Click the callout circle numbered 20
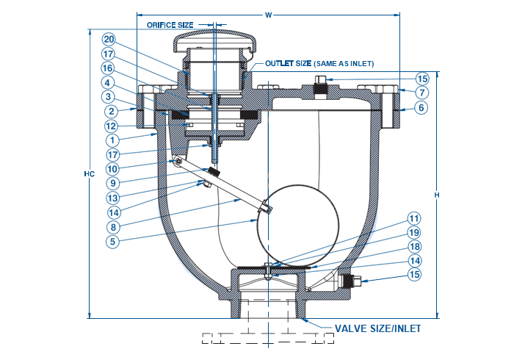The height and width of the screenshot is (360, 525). click(108, 39)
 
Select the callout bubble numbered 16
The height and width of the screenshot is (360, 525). click(108, 68)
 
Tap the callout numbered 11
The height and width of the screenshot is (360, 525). click(414, 218)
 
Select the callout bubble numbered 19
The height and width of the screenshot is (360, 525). click(414, 232)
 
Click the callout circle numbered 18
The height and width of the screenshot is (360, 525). click(414, 247)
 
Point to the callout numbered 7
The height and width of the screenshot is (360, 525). click(421, 93)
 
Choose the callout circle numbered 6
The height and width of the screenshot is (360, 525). click(421, 107)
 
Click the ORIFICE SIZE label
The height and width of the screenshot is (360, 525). click(170, 24)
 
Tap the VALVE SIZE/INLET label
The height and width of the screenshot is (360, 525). click(377, 328)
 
